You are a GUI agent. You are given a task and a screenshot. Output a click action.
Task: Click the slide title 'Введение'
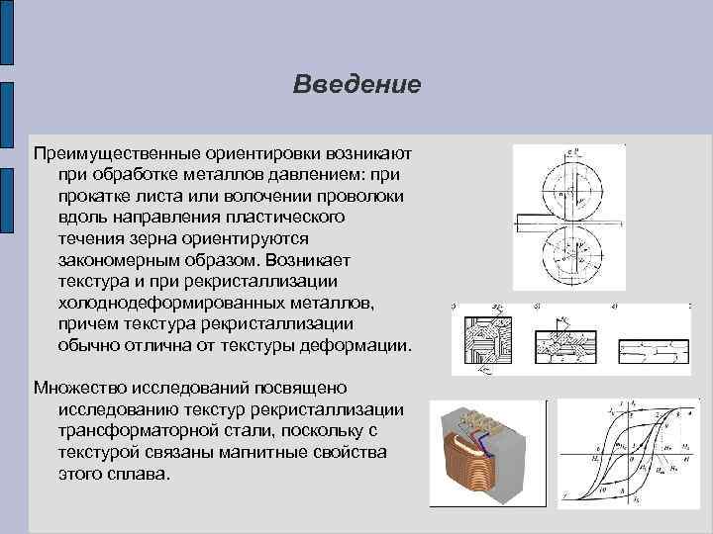[x=356, y=84]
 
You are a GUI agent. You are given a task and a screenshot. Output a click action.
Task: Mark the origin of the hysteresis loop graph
[x=625, y=456]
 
